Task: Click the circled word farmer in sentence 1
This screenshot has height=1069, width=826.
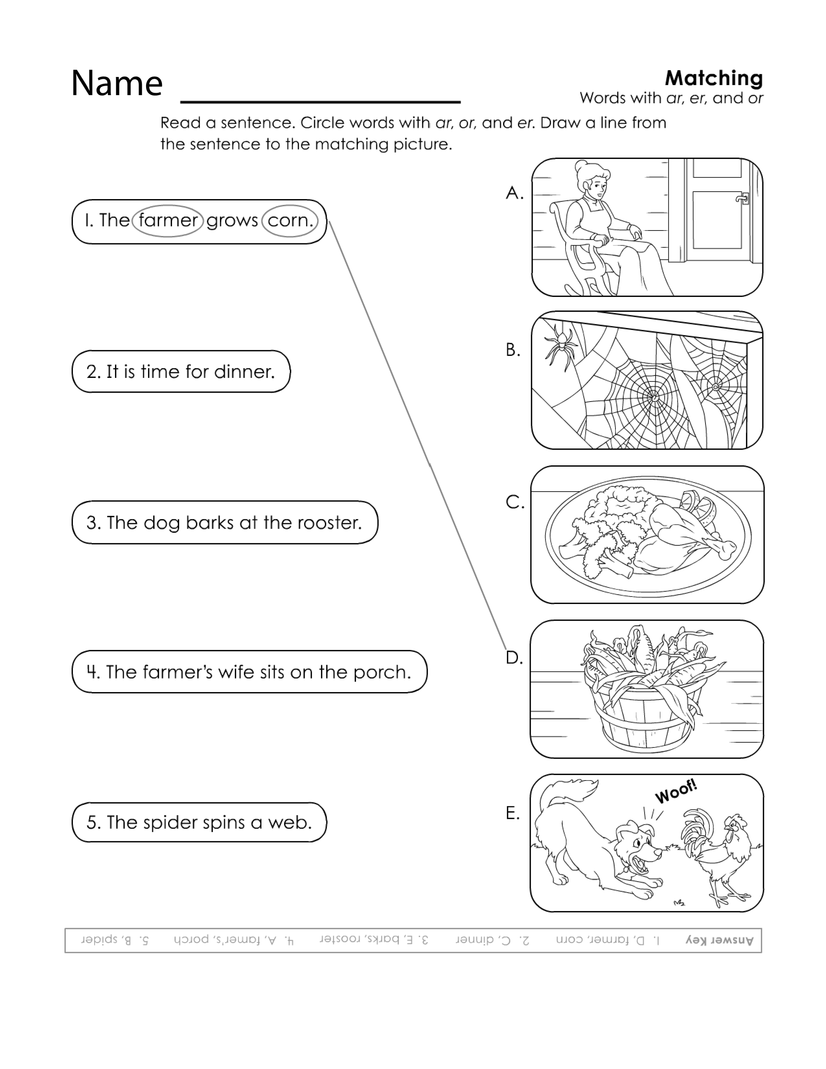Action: click(168, 220)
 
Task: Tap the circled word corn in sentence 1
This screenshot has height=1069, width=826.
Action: click(290, 220)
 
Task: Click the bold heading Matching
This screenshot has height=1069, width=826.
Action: click(714, 78)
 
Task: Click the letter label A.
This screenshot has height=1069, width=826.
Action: click(514, 193)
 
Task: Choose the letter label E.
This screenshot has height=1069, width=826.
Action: click(512, 813)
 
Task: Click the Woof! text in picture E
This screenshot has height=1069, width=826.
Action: click(676, 792)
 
